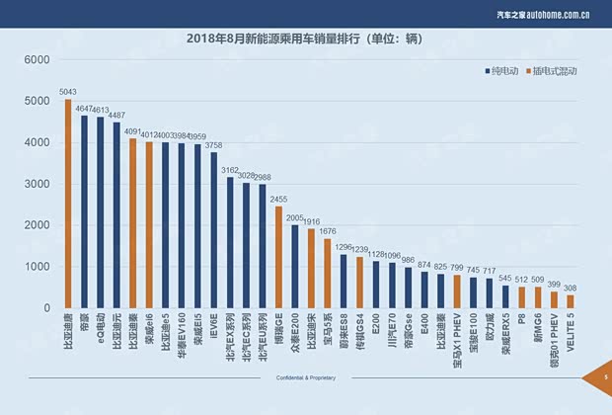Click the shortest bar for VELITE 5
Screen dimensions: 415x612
tap(570, 301)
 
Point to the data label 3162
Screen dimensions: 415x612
tap(229, 170)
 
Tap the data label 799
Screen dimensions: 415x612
tap(456, 268)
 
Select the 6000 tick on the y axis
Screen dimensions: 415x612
tap(37, 59)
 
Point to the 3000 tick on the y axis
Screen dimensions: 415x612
tap(37, 184)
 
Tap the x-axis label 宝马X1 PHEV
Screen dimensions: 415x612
tap(457, 345)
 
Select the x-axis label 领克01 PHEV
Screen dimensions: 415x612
tap(554, 347)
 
